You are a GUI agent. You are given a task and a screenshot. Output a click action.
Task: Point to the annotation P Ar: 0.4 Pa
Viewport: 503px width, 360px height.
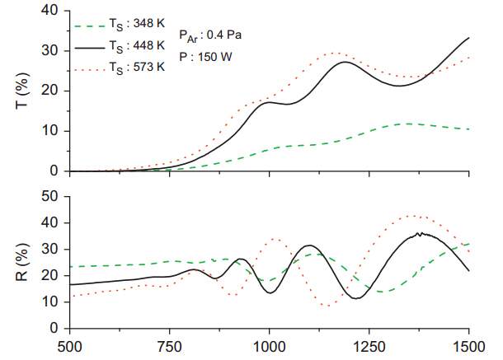click(209, 35)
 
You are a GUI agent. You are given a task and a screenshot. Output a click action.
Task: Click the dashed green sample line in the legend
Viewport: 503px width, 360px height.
click(90, 26)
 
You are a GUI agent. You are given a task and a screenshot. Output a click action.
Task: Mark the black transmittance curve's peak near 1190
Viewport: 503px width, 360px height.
click(345, 63)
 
